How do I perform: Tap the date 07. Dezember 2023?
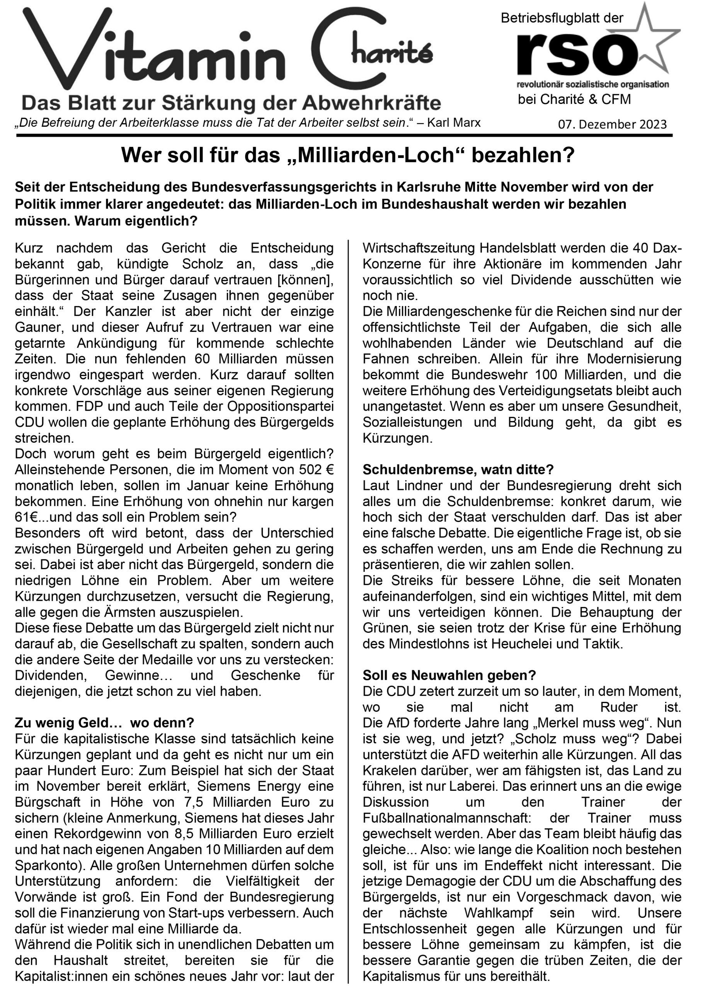coord(612,125)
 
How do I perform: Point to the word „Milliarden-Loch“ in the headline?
coord(375,156)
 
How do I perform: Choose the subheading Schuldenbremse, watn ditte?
coord(458,470)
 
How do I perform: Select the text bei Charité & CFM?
coord(574,99)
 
